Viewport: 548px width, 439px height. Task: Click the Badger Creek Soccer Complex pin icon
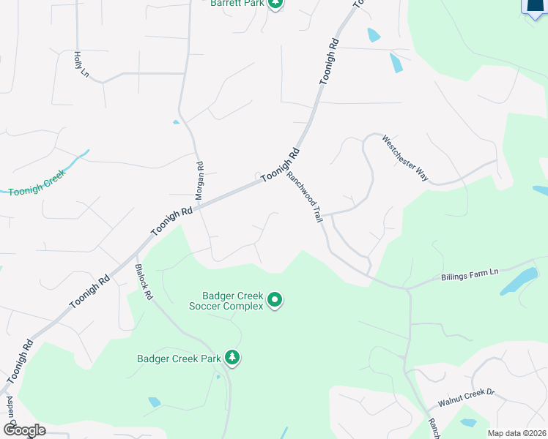(275, 300)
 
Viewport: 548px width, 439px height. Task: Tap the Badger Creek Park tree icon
(232, 357)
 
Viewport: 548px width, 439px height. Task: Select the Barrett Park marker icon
(275, 3)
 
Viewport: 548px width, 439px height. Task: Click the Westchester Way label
(405, 157)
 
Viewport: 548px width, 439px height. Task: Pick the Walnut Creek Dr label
(467, 398)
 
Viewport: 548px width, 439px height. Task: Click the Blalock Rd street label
(143, 282)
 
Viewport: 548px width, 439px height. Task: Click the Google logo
(23, 430)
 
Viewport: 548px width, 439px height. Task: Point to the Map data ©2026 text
(517, 433)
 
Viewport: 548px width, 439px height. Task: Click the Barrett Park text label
(236, 4)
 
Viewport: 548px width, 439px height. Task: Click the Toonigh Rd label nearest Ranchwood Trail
(281, 165)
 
